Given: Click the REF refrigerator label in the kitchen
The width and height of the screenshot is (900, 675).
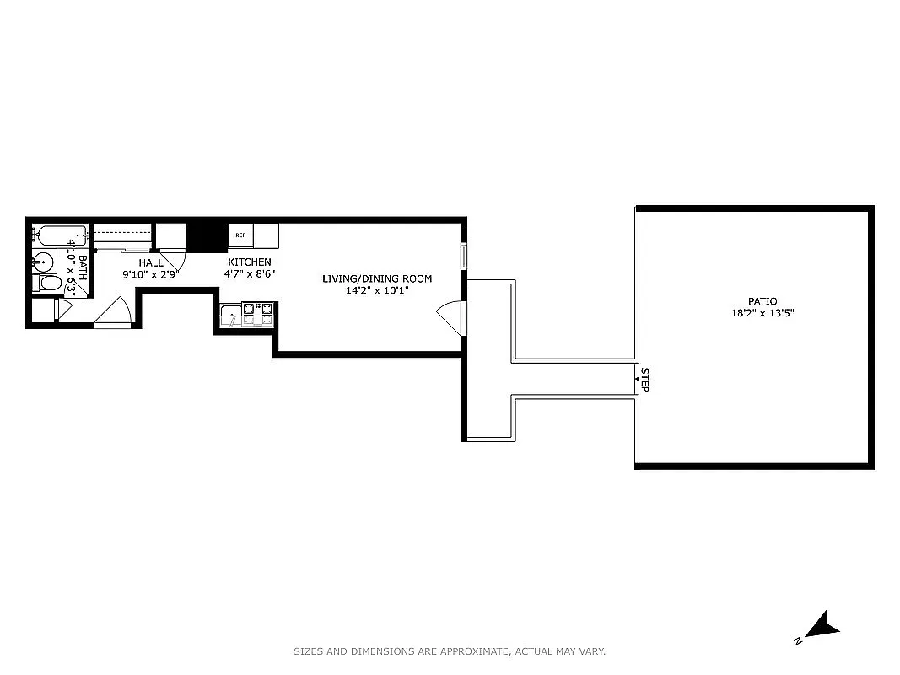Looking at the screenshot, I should [x=240, y=235].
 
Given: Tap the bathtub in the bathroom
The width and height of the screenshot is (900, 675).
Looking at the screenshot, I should [x=59, y=234].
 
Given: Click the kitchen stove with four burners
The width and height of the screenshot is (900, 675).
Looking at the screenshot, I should [x=258, y=314].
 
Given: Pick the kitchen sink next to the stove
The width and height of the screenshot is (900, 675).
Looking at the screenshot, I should [x=231, y=316].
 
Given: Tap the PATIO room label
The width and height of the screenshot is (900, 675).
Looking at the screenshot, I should [x=762, y=301].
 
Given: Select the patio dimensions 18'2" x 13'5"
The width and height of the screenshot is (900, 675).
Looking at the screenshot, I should [x=762, y=313].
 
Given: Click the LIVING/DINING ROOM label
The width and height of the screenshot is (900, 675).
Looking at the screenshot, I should [x=377, y=278].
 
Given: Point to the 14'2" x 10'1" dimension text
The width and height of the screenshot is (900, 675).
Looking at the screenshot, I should [x=377, y=290].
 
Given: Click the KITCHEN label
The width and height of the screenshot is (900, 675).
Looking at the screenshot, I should [x=249, y=262].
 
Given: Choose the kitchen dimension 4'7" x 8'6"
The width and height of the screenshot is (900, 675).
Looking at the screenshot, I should [x=249, y=274].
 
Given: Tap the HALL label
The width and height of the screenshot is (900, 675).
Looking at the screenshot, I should [x=151, y=263].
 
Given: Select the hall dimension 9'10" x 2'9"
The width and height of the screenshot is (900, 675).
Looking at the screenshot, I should [x=151, y=274].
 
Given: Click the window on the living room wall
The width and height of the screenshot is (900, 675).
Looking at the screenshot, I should [x=463, y=256].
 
